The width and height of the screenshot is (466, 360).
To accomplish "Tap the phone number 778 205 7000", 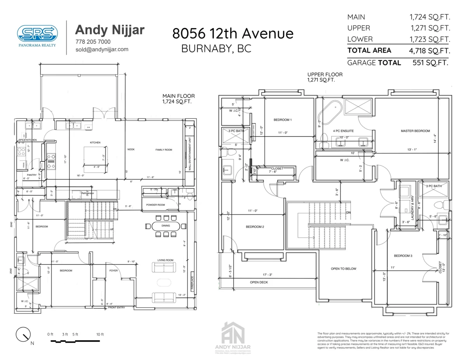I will [x=93, y=42].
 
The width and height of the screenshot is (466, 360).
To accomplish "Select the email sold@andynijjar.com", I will [x=102, y=49].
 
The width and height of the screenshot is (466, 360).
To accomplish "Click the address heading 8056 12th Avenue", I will [x=233, y=33].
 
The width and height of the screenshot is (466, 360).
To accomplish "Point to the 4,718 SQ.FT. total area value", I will [x=429, y=50].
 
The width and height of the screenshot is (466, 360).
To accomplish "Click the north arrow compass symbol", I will [x=24, y=335].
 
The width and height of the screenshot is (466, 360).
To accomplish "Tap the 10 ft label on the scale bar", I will [x=100, y=334].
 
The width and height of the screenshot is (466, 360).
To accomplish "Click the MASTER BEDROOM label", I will [x=415, y=131].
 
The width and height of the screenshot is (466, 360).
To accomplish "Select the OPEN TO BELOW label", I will [x=343, y=269].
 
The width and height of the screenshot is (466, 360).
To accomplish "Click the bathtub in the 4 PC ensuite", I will [x=329, y=113].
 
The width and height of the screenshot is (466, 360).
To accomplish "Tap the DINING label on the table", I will [x=166, y=226].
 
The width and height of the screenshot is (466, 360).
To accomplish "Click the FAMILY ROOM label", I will [x=163, y=150].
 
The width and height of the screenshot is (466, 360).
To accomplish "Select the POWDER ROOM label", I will [x=155, y=205].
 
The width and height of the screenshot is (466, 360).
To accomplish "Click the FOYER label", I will [x=113, y=271].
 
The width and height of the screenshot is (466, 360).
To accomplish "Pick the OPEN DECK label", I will [x=259, y=282].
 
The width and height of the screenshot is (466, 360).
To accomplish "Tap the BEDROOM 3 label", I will [x=403, y=256].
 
